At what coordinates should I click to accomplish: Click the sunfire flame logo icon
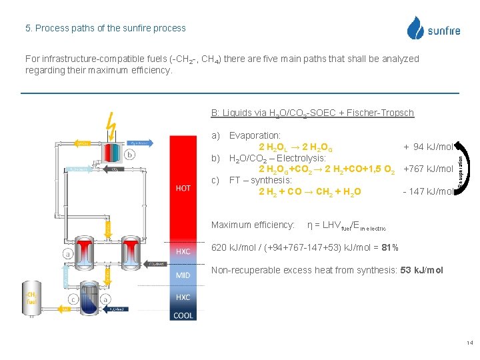click(x=416, y=28)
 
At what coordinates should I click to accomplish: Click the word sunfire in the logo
click(x=443, y=31)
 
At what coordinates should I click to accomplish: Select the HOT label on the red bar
click(x=183, y=188)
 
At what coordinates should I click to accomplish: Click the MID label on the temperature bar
click(x=183, y=275)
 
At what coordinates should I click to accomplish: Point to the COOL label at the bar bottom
click(x=183, y=315)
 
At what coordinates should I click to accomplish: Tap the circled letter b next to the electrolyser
click(x=129, y=154)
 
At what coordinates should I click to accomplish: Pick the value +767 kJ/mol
click(x=428, y=169)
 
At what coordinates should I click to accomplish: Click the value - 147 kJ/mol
click(x=428, y=192)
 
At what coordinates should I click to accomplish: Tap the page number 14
click(x=469, y=343)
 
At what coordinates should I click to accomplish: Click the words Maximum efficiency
click(x=253, y=225)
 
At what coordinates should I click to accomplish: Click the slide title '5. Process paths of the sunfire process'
click(x=105, y=28)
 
